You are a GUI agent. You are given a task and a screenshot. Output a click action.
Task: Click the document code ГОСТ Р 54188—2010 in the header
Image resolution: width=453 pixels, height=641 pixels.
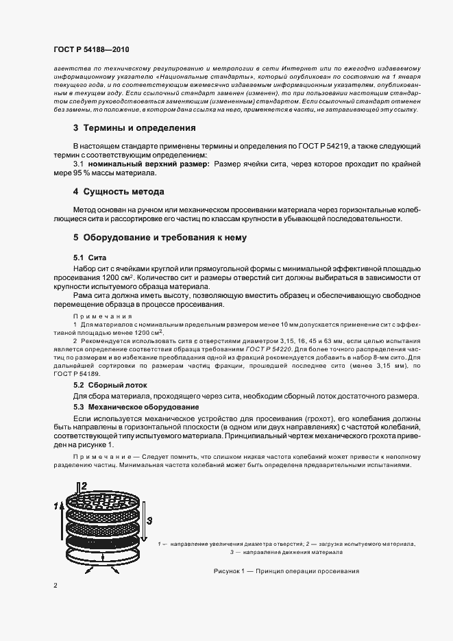pos(91,51)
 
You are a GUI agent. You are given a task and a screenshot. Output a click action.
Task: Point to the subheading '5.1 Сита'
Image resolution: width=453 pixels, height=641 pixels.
pos(86,256)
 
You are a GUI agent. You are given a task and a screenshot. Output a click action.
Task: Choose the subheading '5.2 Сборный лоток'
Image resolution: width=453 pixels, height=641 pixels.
pos(103,386)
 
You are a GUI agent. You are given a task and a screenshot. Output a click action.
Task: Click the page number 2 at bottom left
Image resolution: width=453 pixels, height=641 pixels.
pos(56,586)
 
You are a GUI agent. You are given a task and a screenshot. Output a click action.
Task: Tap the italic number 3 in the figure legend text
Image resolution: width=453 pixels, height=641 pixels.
pos(232,551)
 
